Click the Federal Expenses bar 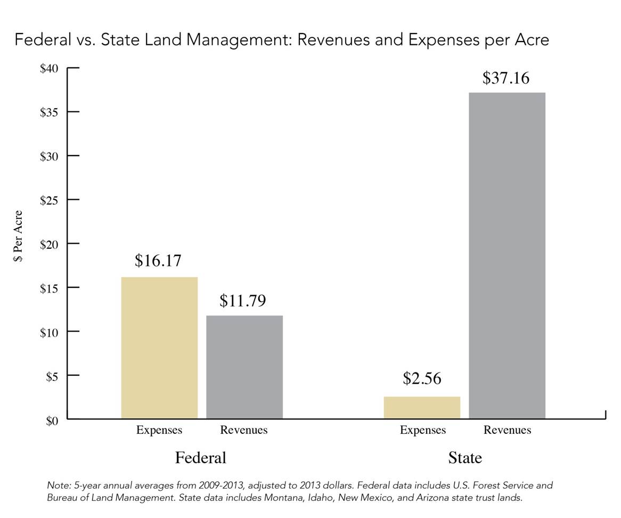coord(159,347)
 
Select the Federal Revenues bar coord(244,367)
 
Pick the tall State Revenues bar coord(507,256)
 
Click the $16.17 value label coord(158,261)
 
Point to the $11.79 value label coord(243,301)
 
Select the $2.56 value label coord(422,378)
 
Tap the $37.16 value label coord(506,78)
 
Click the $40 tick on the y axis coord(50,68)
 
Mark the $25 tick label coord(50,200)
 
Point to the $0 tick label coord(52,420)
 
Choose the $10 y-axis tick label coord(50,331)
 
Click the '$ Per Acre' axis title coord(19,236)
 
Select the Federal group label coord(201,458)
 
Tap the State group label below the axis coord(465,458)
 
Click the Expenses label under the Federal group coord(159,430)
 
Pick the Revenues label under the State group coord(507,430)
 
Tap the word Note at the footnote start coord(56,485)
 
